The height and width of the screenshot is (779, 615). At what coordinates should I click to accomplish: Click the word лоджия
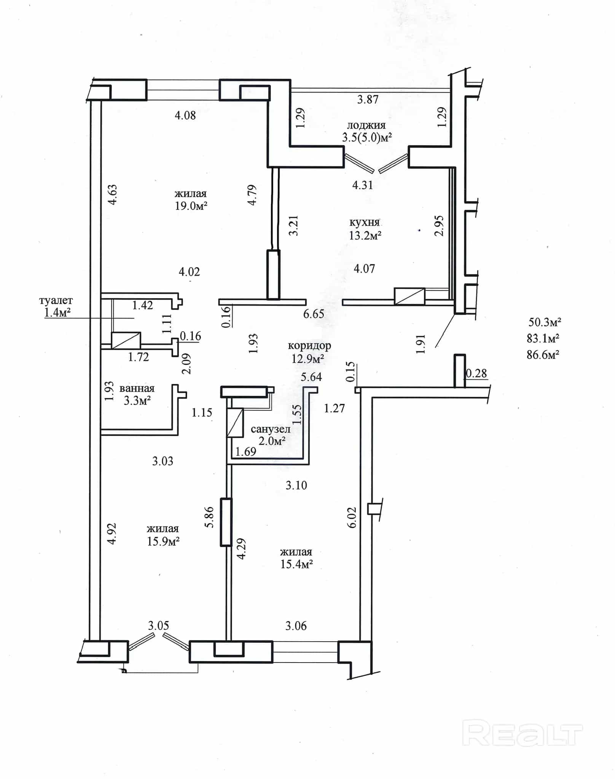tap(366, 125)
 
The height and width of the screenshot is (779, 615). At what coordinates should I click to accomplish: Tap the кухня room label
tap(365, 222)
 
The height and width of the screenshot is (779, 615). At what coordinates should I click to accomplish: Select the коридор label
tap(309, 346)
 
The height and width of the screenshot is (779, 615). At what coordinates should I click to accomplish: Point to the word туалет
tap(56, 301)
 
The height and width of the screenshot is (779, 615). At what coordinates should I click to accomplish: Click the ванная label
tap(137, 389)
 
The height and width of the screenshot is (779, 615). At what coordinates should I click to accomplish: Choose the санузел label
tap(271, 429)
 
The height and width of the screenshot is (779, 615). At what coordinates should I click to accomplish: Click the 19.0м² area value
tap(191, 206)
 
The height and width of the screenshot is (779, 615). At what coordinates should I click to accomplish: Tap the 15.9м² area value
tap(163, 541)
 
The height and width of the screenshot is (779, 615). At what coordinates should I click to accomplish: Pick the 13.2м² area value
tap(365, 236)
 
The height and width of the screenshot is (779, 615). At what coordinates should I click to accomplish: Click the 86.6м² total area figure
tap(543, 355)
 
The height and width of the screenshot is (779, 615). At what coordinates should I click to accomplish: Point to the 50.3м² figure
tap(545, 322)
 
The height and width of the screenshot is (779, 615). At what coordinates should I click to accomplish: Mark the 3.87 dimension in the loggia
tap(368, 100)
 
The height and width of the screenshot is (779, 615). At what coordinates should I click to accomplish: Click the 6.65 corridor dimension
tap(314, 314)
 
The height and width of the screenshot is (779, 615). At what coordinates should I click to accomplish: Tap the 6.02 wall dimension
tap(352, 517)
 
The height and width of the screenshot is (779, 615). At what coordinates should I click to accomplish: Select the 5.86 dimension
tap(209, 517)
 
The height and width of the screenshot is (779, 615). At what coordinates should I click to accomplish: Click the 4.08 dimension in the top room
tap(185, 115)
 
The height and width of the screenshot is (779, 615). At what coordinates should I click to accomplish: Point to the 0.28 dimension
tap(476, 373)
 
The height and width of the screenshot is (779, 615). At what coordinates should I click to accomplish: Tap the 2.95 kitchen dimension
tap(439, 226)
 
